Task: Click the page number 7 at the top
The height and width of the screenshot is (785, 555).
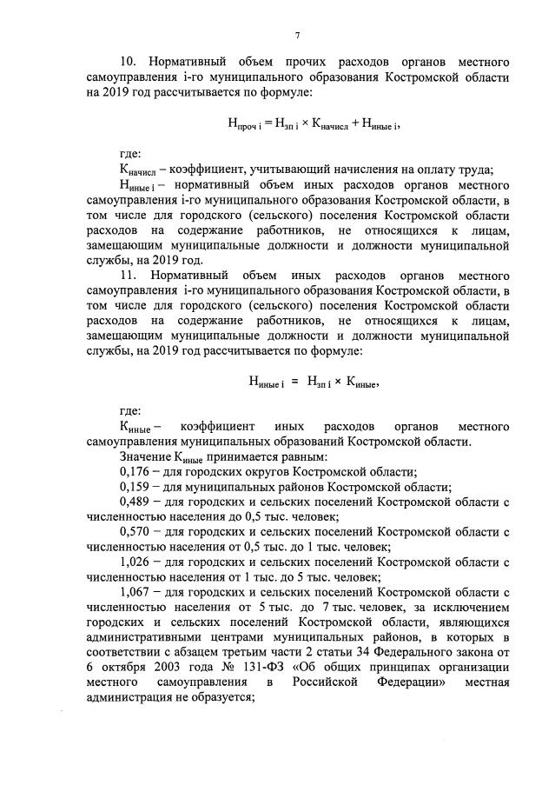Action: pos(297,35)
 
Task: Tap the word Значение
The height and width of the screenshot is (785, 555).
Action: pos(145,456)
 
